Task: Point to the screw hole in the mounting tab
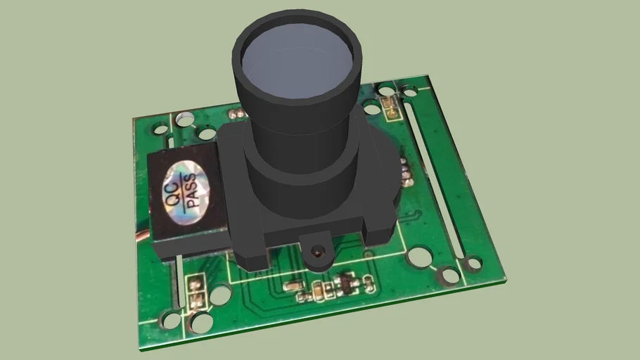coord(319,250)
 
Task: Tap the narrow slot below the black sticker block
coord(180,281)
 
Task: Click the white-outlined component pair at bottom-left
coord(196,292)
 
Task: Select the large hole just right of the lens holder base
coord(419,257)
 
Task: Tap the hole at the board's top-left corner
coord(160,129)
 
